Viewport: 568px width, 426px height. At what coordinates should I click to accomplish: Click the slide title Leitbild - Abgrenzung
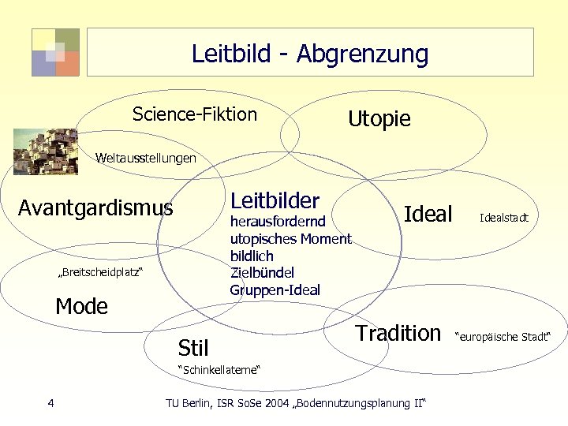coord(309,54)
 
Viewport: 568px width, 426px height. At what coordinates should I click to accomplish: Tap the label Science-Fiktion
coord(195,114)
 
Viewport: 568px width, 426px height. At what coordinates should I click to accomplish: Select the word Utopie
coord(379,119)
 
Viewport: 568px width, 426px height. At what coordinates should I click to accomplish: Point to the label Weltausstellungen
coord(146,159)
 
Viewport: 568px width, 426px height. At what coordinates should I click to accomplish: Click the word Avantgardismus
coord(95,208)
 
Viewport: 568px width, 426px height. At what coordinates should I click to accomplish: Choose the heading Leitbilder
coord(275,200)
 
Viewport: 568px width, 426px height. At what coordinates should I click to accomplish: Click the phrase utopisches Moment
coord(290,239)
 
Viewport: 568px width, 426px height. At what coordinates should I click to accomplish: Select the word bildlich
coord(252,256)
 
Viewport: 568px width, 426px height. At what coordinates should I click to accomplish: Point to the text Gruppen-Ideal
coord(275,290)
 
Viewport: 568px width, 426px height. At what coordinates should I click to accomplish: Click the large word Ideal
coord(428,214)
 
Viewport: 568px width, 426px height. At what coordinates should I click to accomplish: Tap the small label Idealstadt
coord(504,217)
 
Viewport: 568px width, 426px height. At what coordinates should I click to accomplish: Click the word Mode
coord(81,306)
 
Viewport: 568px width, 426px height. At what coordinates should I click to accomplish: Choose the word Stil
coord(193,348)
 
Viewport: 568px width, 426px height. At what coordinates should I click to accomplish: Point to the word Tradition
coord(398,333)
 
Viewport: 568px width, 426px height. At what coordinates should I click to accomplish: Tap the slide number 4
coord(50,404)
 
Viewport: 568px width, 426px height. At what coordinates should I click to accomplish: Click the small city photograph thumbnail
coord(46,151)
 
